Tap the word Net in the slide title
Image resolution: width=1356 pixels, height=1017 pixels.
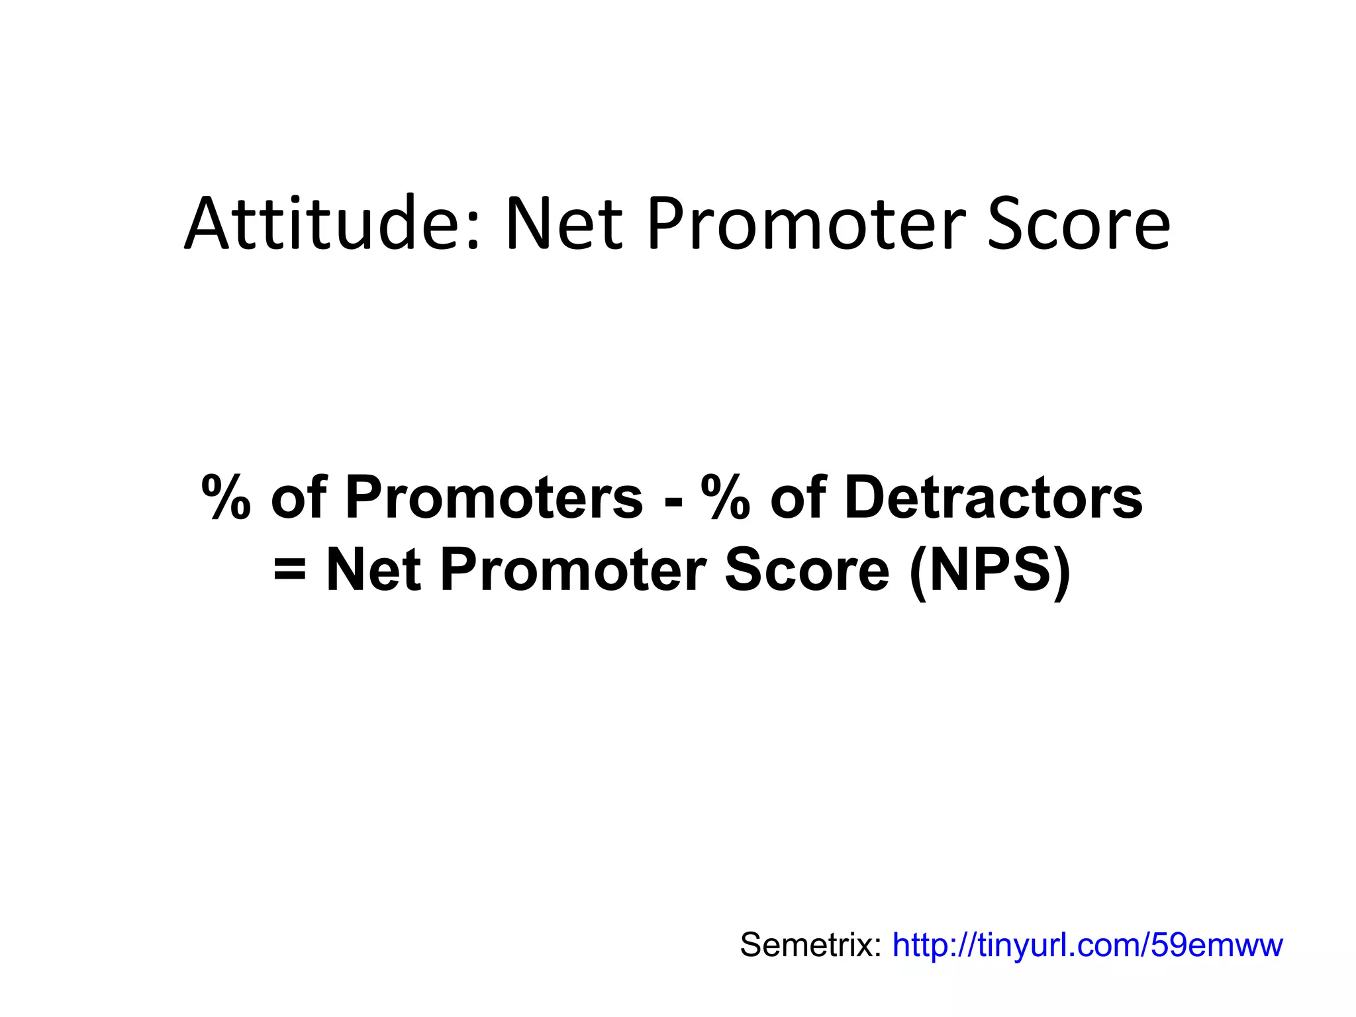[563, 224]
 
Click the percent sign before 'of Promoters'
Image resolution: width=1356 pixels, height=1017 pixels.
[226, 498]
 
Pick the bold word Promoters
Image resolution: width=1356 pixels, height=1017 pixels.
[493, 498]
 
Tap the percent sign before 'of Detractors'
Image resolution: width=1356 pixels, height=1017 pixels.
[726, 498]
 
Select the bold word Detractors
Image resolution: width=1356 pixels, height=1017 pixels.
[993, 498]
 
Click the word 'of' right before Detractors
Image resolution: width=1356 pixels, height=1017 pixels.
[798, 498]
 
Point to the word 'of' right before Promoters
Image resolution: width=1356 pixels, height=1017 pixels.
[299, 498]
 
